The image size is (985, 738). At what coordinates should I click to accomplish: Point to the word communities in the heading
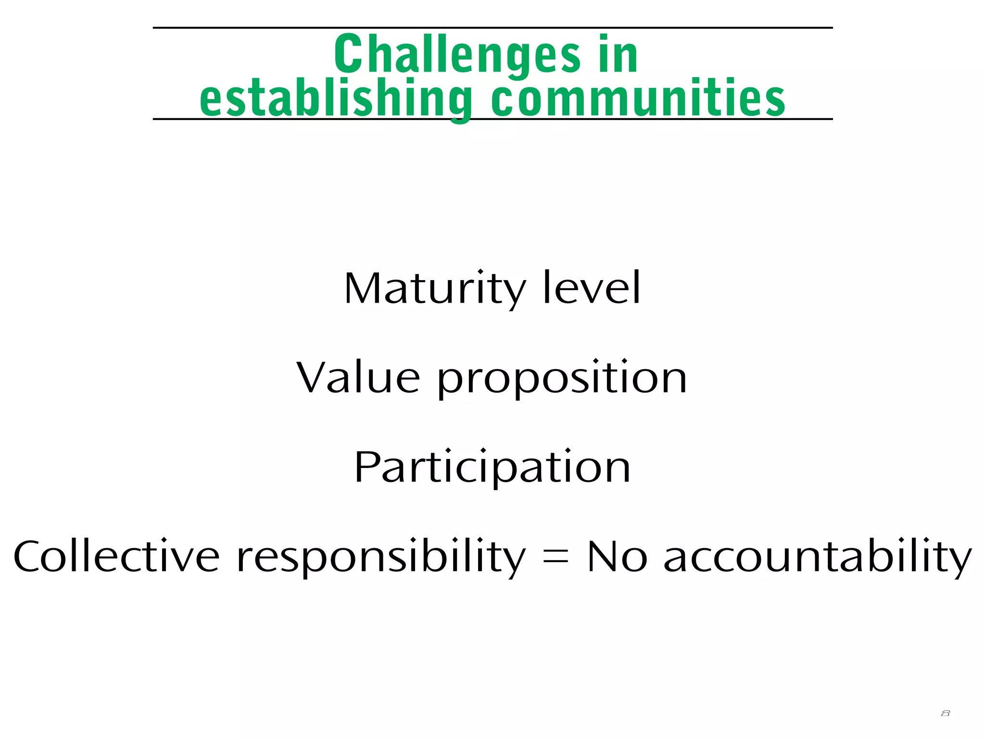point(638,98)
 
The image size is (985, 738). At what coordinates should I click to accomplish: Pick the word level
point(592,288)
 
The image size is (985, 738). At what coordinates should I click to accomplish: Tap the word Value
point(358,378)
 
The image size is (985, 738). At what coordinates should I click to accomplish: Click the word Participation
point(492,467)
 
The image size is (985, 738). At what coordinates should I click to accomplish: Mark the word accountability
point(818,557)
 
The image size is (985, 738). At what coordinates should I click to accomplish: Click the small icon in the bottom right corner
point(945,713)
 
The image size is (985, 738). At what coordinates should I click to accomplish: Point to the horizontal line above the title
point(492,28)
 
